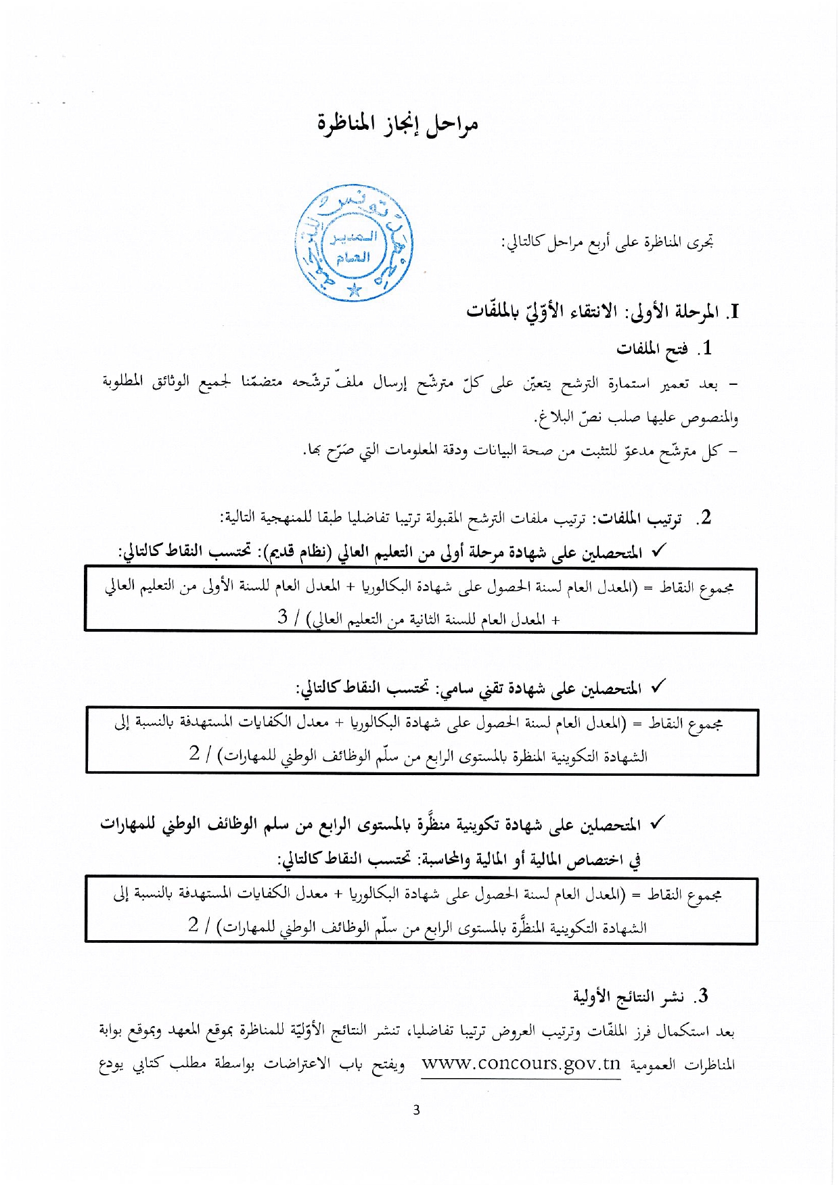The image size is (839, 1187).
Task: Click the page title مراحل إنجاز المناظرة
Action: (x=398, y=124)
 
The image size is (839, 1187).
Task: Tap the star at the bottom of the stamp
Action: (x=354, y=291)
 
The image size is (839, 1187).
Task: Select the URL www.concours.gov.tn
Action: (x=520, y=1064)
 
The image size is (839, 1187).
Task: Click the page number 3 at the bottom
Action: (x=416, y=1110)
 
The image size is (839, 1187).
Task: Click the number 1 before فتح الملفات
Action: (x=707, y=348)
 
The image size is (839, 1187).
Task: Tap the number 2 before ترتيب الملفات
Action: (x=706, y=517)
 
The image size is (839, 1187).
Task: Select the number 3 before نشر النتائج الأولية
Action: (x=704, y=996)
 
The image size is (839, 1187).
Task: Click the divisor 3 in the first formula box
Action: (x=283, y=617)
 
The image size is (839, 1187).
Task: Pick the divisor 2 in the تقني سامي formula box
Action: (x=195, y=753)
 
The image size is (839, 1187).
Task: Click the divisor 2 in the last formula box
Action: (x=194, y=925)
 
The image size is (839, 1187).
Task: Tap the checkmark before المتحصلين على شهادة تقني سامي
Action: (x=657, y=687)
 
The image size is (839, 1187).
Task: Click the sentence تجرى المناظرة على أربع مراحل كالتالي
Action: (x=607, y=242)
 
